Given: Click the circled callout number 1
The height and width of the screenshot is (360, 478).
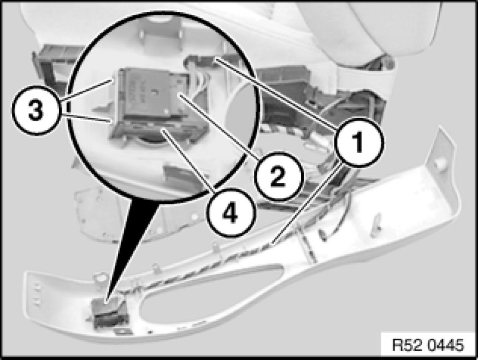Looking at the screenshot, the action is point(359,143).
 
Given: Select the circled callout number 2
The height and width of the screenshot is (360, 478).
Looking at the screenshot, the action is point(278,177).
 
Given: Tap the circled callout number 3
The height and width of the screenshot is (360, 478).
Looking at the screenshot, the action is point(36,110).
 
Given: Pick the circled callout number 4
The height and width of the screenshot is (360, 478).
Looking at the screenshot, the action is point(230,213).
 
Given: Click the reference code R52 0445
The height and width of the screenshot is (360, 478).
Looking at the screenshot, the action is point(428,345).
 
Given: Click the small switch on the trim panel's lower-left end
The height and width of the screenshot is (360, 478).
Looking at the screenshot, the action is point(110,314).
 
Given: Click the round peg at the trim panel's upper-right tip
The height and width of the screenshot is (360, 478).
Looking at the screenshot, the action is point(439,164).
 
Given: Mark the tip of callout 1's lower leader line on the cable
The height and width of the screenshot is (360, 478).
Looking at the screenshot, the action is point(272,244).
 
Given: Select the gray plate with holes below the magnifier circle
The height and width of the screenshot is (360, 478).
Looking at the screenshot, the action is point(98,214).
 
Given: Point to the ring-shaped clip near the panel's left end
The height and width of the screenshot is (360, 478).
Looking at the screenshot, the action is point(99,278).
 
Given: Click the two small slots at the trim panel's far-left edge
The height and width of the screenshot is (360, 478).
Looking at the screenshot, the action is point(37,294).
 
